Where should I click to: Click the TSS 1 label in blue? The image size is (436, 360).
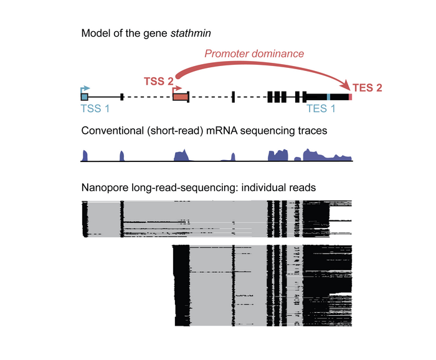click(x=96, y=108)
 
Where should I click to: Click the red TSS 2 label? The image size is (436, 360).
click(x=159, y=81)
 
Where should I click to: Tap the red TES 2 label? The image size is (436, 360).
click(x=367, y=88)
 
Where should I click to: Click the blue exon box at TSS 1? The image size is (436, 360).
click(x=84, y=97)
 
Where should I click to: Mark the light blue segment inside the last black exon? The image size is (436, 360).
click(x=328, y=97)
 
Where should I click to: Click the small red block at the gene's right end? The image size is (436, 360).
click(x=351, y=97)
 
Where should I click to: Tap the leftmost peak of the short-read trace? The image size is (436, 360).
click(x=85, y=154)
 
